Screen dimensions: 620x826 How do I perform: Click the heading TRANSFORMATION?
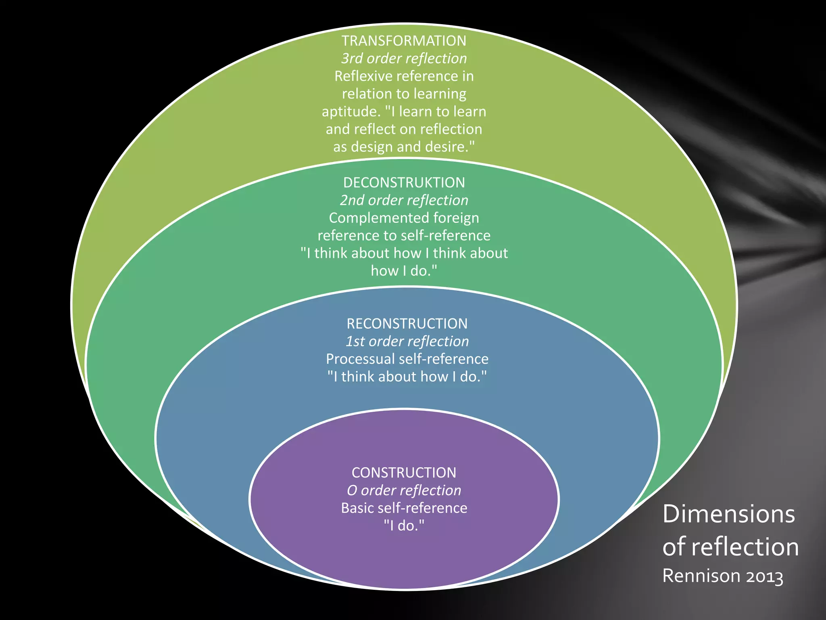point(404,41)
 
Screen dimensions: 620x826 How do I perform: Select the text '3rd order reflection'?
point(404,59)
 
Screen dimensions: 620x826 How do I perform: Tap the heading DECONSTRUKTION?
point(404,182)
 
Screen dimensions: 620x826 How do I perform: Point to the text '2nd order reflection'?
point(404,200)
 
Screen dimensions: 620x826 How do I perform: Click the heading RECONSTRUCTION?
point(407,324)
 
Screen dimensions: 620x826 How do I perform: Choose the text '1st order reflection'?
point(407,341)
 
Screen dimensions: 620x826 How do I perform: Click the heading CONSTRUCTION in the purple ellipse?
point(404,473)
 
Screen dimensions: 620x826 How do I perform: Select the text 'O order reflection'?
point(404,490)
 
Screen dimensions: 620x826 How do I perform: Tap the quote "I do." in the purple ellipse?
point(404,526)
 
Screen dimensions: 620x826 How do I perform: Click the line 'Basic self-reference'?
point(404,508)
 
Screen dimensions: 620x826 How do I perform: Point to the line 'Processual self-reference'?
point(407,359)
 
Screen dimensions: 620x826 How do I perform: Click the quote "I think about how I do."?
point(407,377)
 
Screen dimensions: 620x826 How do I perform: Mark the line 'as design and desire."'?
point(404,147)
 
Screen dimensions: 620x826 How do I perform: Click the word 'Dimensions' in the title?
point(728,514)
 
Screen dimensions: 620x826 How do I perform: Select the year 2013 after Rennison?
point(764,576)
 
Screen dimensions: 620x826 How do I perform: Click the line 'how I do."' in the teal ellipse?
point(404,271)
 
